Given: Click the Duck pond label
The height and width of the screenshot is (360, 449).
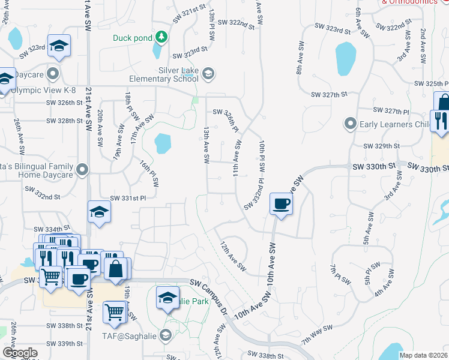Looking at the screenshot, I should click(x=132, y=38).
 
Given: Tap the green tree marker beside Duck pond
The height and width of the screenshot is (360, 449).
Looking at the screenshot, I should click(x=161, y=38).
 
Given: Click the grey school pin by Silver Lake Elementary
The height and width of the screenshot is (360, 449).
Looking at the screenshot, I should click(x=208, y=74).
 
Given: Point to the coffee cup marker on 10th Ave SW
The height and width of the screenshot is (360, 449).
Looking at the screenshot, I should click(x=281, y=204).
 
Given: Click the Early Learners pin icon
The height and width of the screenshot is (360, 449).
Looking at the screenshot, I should click(x=351, y=124).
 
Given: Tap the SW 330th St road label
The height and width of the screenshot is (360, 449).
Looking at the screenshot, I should click(x=375, y=166).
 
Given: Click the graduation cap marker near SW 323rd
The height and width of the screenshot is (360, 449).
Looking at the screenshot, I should click(x=59, y=46).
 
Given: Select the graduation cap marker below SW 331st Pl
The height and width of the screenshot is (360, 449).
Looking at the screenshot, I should click(x=99, y=212).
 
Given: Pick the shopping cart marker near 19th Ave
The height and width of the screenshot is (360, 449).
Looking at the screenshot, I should click(x=114, y=311).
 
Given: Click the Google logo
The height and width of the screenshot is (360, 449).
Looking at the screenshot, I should click(x=20, y=353).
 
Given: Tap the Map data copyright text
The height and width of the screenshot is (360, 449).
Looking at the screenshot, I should click(x=423, y=355).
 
